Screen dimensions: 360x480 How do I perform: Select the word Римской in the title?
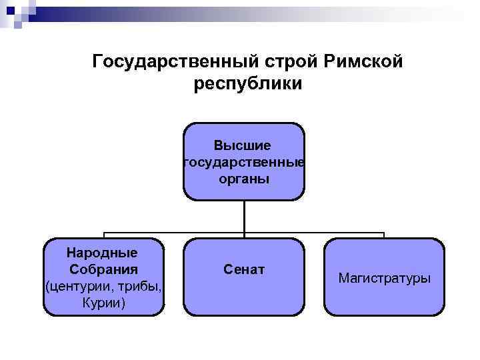coord(365,62)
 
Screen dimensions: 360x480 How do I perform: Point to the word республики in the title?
coord(248,85)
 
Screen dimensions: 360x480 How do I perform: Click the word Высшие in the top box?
coord(243,145)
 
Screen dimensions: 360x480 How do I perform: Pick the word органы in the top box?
coord(243,179)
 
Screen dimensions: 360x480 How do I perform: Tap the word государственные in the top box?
coord(243,162)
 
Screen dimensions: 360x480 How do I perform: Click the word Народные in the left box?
coord(103,253)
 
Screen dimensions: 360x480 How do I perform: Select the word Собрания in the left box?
coord(103,269)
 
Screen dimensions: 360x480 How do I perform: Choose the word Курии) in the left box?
coord(103,303)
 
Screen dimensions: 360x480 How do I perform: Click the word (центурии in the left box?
coord(75,287)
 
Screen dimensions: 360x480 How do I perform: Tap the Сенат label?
coord(244,269)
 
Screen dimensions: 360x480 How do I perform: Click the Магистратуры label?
coord(384,277)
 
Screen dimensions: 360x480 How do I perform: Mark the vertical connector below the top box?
coord(244,217)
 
